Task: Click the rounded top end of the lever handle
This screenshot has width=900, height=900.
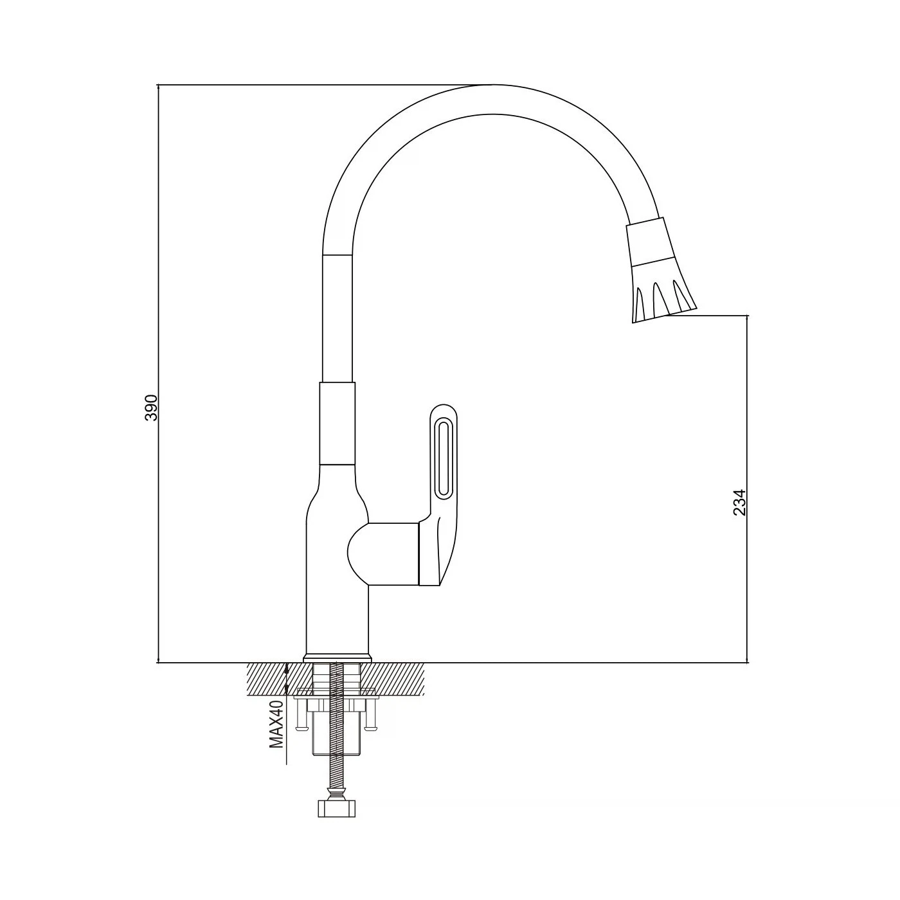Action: tap(443, 410)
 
